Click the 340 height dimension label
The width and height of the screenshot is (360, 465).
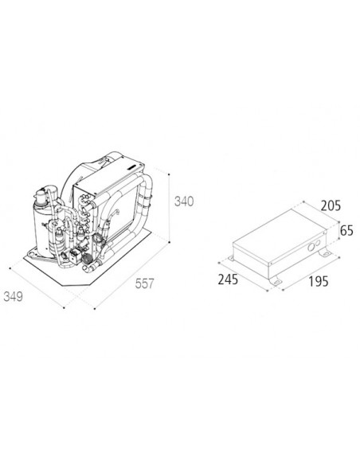[x=184, y=201]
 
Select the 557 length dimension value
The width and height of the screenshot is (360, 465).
[x=145, y=283]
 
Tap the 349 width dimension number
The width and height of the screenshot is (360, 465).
[x=13, y=296]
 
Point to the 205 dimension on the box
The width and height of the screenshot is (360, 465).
[x=331, y=205]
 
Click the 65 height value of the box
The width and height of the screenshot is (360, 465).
[x=346, y=230]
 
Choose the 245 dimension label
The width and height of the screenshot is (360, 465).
[x=228, y=279]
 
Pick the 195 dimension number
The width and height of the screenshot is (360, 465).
[x=319, y=281]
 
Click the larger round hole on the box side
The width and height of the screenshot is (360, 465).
[x=311, y=247]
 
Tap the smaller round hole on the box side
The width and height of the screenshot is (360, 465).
[x=318, y=243]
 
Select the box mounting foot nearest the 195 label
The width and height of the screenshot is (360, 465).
[x=276, y=280]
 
